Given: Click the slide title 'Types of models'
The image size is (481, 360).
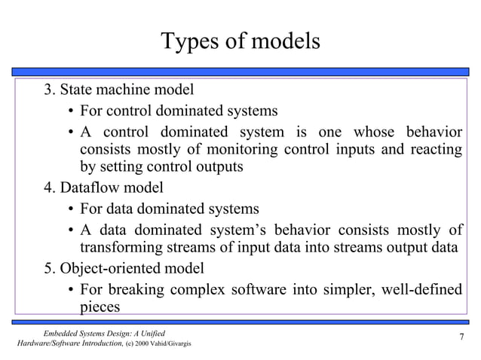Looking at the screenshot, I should point(240,41).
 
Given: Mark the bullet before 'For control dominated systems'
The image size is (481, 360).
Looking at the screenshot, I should point(69,111).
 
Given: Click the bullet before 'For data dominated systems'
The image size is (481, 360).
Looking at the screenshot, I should point(69,209).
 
